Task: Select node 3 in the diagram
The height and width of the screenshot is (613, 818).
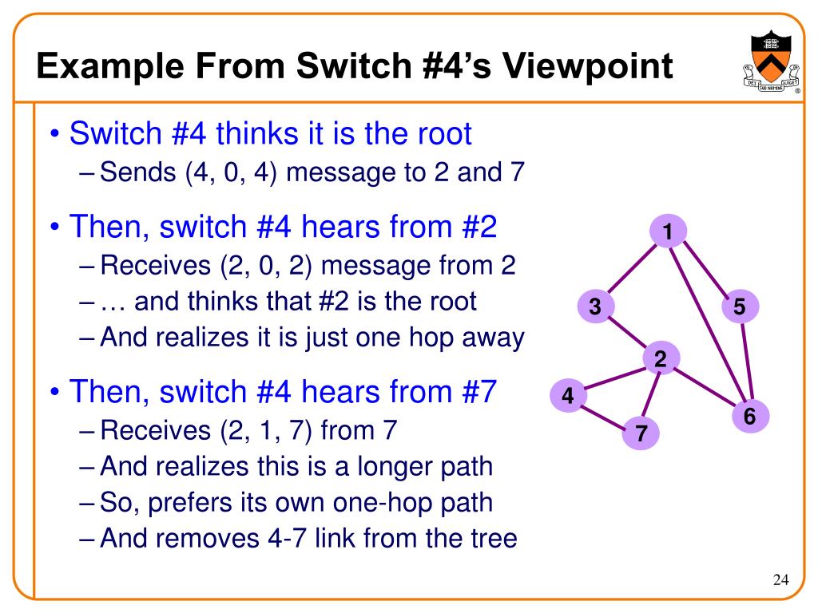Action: pos(596,306)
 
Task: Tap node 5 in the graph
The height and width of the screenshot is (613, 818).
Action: pos(740,306)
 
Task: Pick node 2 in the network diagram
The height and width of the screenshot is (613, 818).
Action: pos(661,360)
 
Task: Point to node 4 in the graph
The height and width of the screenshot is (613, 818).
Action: pos(568,396)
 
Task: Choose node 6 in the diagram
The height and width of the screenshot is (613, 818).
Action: pos(749,417)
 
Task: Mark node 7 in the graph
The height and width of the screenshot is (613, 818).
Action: pos(641,433)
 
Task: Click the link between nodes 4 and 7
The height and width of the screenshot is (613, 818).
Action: pos(603,414)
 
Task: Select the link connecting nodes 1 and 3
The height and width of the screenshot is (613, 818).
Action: pos(632,269)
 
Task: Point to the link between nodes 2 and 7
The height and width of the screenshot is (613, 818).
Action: pos(651,396)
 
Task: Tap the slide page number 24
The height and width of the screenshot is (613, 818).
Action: pos(780,579)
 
